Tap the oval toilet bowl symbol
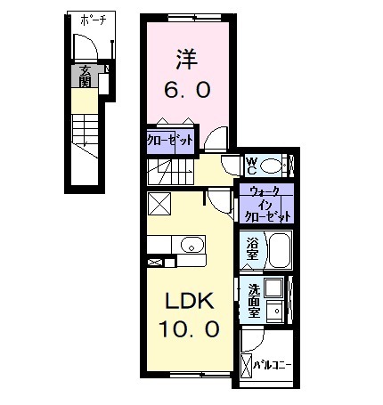click(x=272, y=165)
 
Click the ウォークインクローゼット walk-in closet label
click(x=266, y=204)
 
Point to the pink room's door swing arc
click(x=216, y=139)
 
